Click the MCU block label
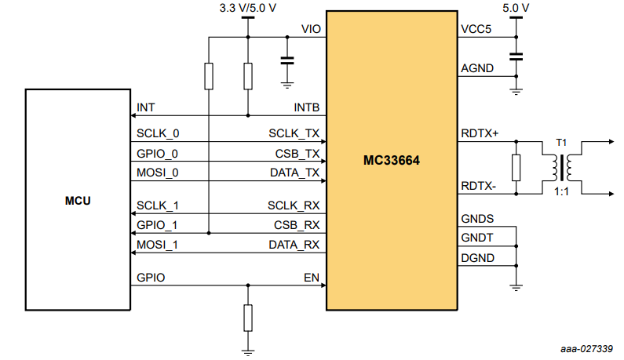pos(77,201)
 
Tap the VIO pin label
pos(310,30)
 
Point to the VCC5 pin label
pos(478,30)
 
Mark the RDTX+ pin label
pos(481,133)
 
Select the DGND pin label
pos(478,257)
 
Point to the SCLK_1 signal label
pos(158,205)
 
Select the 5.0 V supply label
pos(515,9)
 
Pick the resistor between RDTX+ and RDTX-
pos(516,166)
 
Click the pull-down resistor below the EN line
pos(247,317)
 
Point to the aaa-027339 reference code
pos(586,349)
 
